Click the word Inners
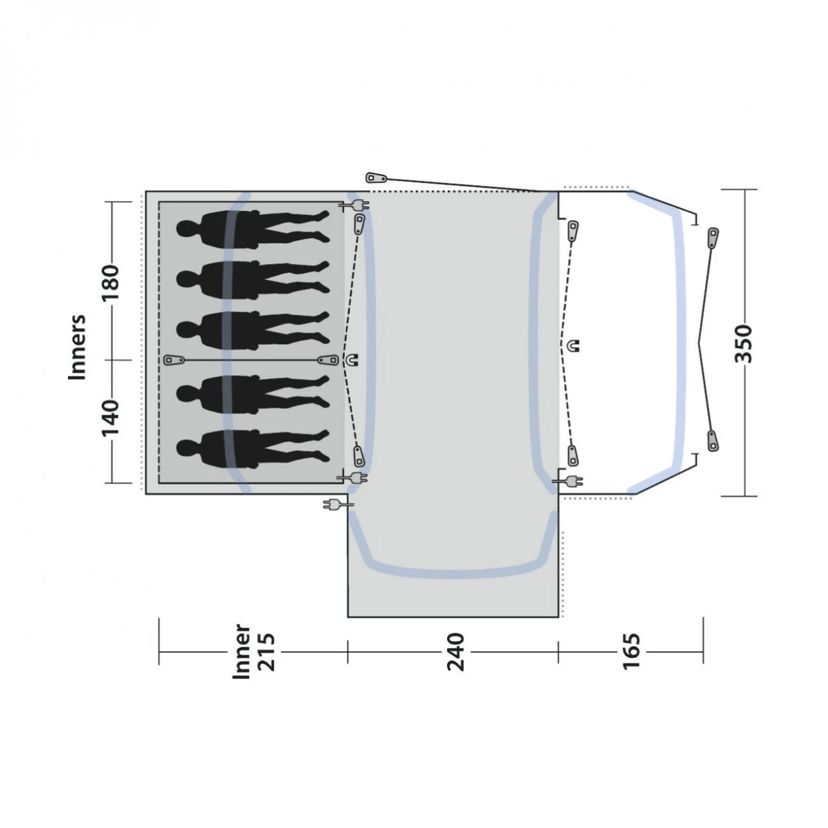pyautogui.click(x=78, y=347)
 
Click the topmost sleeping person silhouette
pyautogui.click(x=253, y=229)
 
